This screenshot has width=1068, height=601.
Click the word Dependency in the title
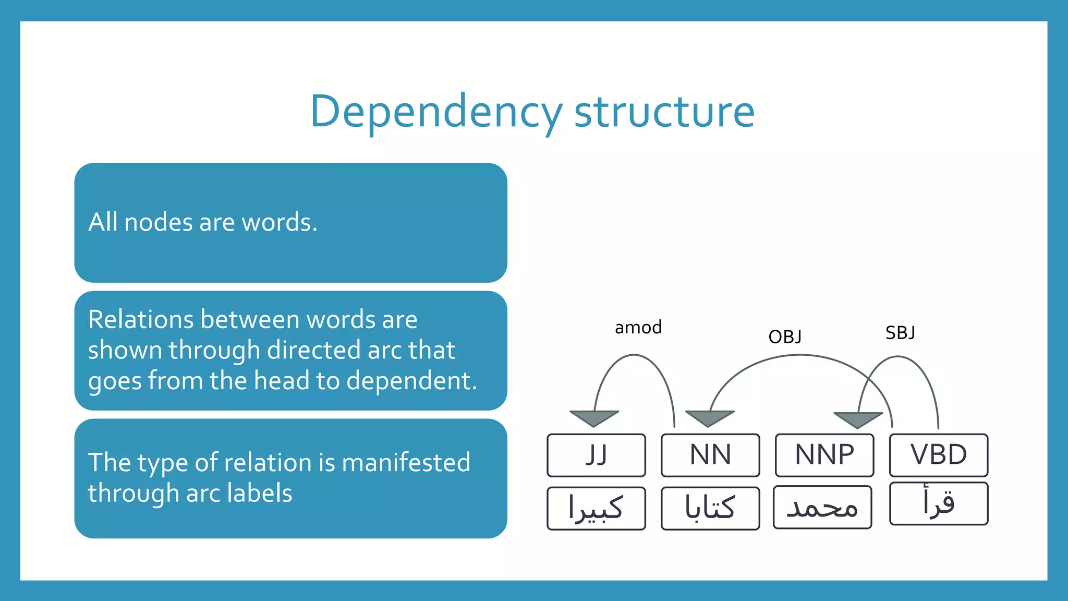pyautogui.click(x=436, y=111)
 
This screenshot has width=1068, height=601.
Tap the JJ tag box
pyautogui.click(x=596, y=455)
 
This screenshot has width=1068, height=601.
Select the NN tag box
pyautogui.click(x=710, y=455)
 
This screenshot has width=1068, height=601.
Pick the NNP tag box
pyautogui.click(x=824, y=455)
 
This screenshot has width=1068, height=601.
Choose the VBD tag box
pyautogui.click(x=939, y=455)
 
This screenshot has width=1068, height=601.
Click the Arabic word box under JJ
pyautogui.click(x=596, y=508)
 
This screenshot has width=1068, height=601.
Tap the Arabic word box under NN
pyautogui.click(x=710, y=508)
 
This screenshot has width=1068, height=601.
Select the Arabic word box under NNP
pyautogui.click(x=822, y=507)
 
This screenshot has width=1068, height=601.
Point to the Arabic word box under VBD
pyautogui.click(x=939, y=503)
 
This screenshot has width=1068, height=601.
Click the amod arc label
pyautogui.click(x=638, y=328)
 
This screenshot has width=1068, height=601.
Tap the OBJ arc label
pyautogui.click(x=785, y=337)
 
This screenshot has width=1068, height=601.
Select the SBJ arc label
pyautogui.click(x=900, y=333)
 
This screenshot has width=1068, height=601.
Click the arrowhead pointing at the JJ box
pyautogui.click(x=594, y=418)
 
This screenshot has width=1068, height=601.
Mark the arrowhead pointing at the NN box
pyautogui.click(x=709, y=418)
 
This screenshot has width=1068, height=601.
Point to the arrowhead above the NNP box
pyautogui.click(x=858, y=419)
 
